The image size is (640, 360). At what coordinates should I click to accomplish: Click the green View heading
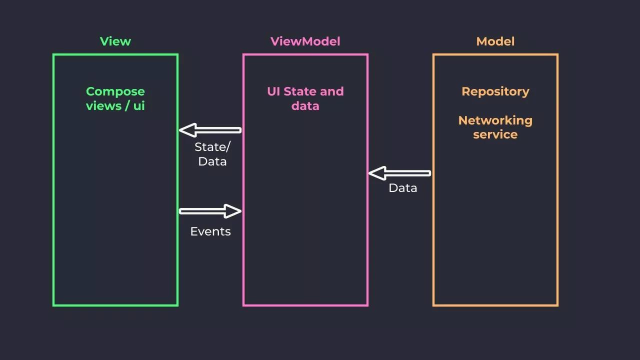click(x=115, y=41)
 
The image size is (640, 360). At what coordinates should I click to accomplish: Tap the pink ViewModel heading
click(x=305, y=41)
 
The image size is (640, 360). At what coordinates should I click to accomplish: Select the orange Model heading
click(x=495, y=41)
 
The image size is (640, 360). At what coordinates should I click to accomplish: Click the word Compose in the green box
click(x=115, y=91)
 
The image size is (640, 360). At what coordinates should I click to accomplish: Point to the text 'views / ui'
click(x=115, y=106)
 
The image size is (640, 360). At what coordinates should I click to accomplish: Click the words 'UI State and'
click(x=305, y=91)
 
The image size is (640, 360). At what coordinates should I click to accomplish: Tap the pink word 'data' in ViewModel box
click(x=305, y=106)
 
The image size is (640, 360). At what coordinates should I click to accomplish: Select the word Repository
click(x=495, y=91)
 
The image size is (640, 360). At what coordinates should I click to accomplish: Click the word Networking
click(x=495, y=120)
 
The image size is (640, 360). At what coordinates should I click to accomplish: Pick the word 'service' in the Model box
click(x=495, y=134)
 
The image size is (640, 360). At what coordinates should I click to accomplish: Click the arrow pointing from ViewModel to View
click(x=210, y=130)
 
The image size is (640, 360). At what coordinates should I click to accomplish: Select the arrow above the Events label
click(x=210, y=211)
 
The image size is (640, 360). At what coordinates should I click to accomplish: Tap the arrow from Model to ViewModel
click(x=399, y=173)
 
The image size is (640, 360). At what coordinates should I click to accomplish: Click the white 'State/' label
click(x=212, y=147)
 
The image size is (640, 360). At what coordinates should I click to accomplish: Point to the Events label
click(x=210, y=231)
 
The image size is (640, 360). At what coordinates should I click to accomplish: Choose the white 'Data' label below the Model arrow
click(x=403, y=188)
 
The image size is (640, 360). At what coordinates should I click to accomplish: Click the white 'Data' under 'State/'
click(x=212, y=161)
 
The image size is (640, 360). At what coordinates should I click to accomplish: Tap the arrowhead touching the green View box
click(x=187, y=130)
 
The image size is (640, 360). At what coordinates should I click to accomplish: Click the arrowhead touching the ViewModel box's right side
click(x=377, y=173)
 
